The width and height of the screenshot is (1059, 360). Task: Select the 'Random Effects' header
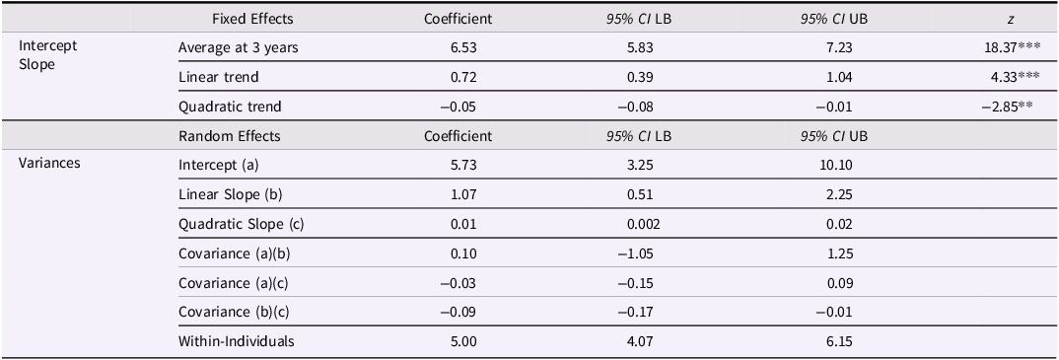[x=230, y=136]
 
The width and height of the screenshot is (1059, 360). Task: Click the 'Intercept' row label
[x=48, y=45]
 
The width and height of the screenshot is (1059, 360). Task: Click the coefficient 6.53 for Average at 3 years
[x=458, y=47]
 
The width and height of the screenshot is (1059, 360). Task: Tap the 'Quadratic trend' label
[x=230, y=107]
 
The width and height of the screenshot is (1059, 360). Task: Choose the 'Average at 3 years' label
[x=239, y=47]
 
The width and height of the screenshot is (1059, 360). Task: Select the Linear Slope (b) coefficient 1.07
[x=458, y=194]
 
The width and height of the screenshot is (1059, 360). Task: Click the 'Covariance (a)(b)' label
[x=235, y=253]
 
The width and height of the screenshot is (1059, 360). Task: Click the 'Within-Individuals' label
[x=236, y=342]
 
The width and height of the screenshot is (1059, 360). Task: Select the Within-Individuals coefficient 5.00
[x=458, y=342]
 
